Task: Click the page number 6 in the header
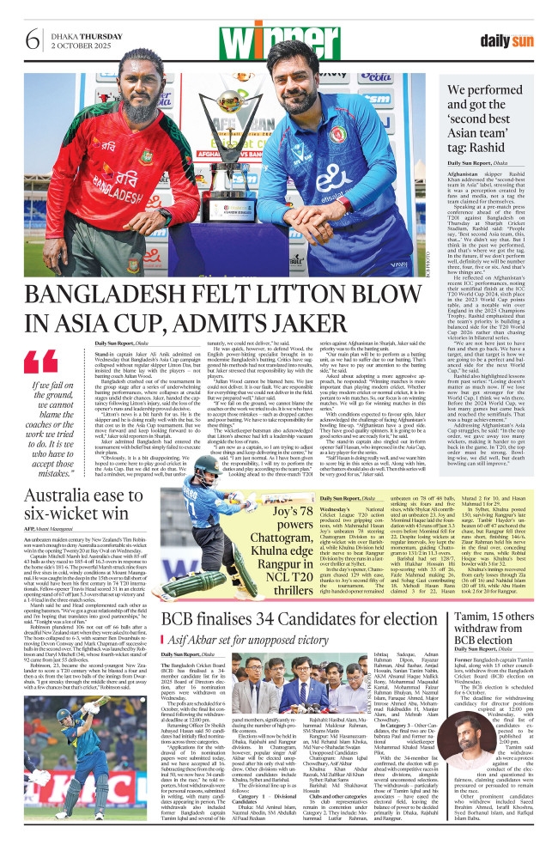coord(32,40)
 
